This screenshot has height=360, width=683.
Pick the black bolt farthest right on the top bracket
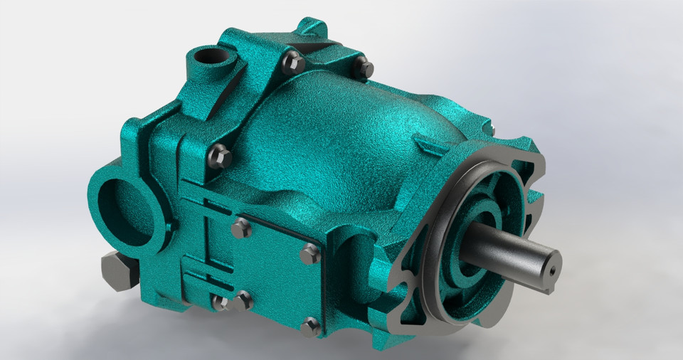[364, 68]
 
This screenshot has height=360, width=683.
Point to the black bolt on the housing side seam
[221, 155]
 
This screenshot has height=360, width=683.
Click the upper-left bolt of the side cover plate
[241, 228]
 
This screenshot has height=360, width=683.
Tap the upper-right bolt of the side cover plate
[310, 253]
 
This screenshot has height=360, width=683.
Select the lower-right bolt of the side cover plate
[310, 327]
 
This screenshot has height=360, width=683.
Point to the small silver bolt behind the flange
[489, 129]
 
